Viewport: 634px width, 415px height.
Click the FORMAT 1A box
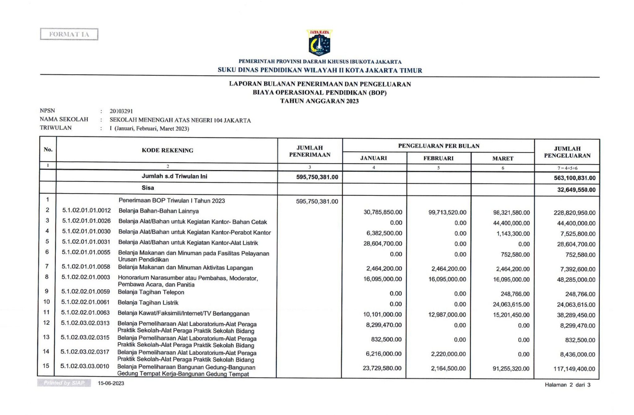coord(69,34)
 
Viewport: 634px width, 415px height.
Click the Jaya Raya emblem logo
coord(319,42)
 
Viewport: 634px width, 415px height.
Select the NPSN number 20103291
coord(121,111)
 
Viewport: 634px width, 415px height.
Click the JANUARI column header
coord(374,158)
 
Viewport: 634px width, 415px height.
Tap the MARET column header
coord(503,158)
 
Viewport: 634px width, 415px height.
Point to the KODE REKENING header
coord(167,150)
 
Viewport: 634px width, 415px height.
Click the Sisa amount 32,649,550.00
coord(576,190)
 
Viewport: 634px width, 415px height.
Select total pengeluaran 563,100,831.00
coord(575,178)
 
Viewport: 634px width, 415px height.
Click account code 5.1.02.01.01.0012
coord(86,210)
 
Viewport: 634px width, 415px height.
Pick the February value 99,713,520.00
coord(447,212)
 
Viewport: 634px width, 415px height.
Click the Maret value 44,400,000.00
coord(511,223)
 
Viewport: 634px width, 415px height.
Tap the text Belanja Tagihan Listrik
coord(148,302)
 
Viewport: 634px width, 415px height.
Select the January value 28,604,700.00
coord(383,244)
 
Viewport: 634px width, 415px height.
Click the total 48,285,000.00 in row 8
coord(576,280)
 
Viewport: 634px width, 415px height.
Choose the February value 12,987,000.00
coord(447,315)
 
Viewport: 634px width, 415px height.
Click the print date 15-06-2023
coord(111,383)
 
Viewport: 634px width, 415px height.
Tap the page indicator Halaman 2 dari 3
coord(567,385)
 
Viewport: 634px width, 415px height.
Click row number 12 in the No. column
coord(46,323)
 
